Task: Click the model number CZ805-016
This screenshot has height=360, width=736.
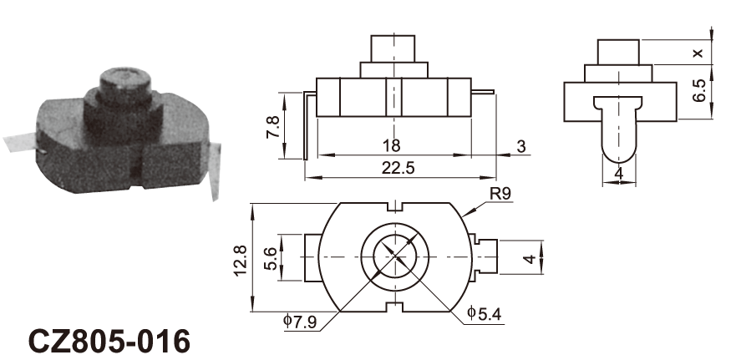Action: click(109, 341)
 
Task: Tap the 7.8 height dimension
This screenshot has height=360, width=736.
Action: click(272, 127)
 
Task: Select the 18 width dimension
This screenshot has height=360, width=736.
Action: click(391, 145)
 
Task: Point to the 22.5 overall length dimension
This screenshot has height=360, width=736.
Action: click(398, 168)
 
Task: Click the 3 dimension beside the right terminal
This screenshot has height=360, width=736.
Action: click(521, 147)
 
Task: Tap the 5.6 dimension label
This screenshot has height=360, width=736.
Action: click(272, 258)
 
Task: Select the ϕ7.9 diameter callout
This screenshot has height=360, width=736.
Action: click(300, 322)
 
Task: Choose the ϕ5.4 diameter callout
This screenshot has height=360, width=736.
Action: click(485, 313)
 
